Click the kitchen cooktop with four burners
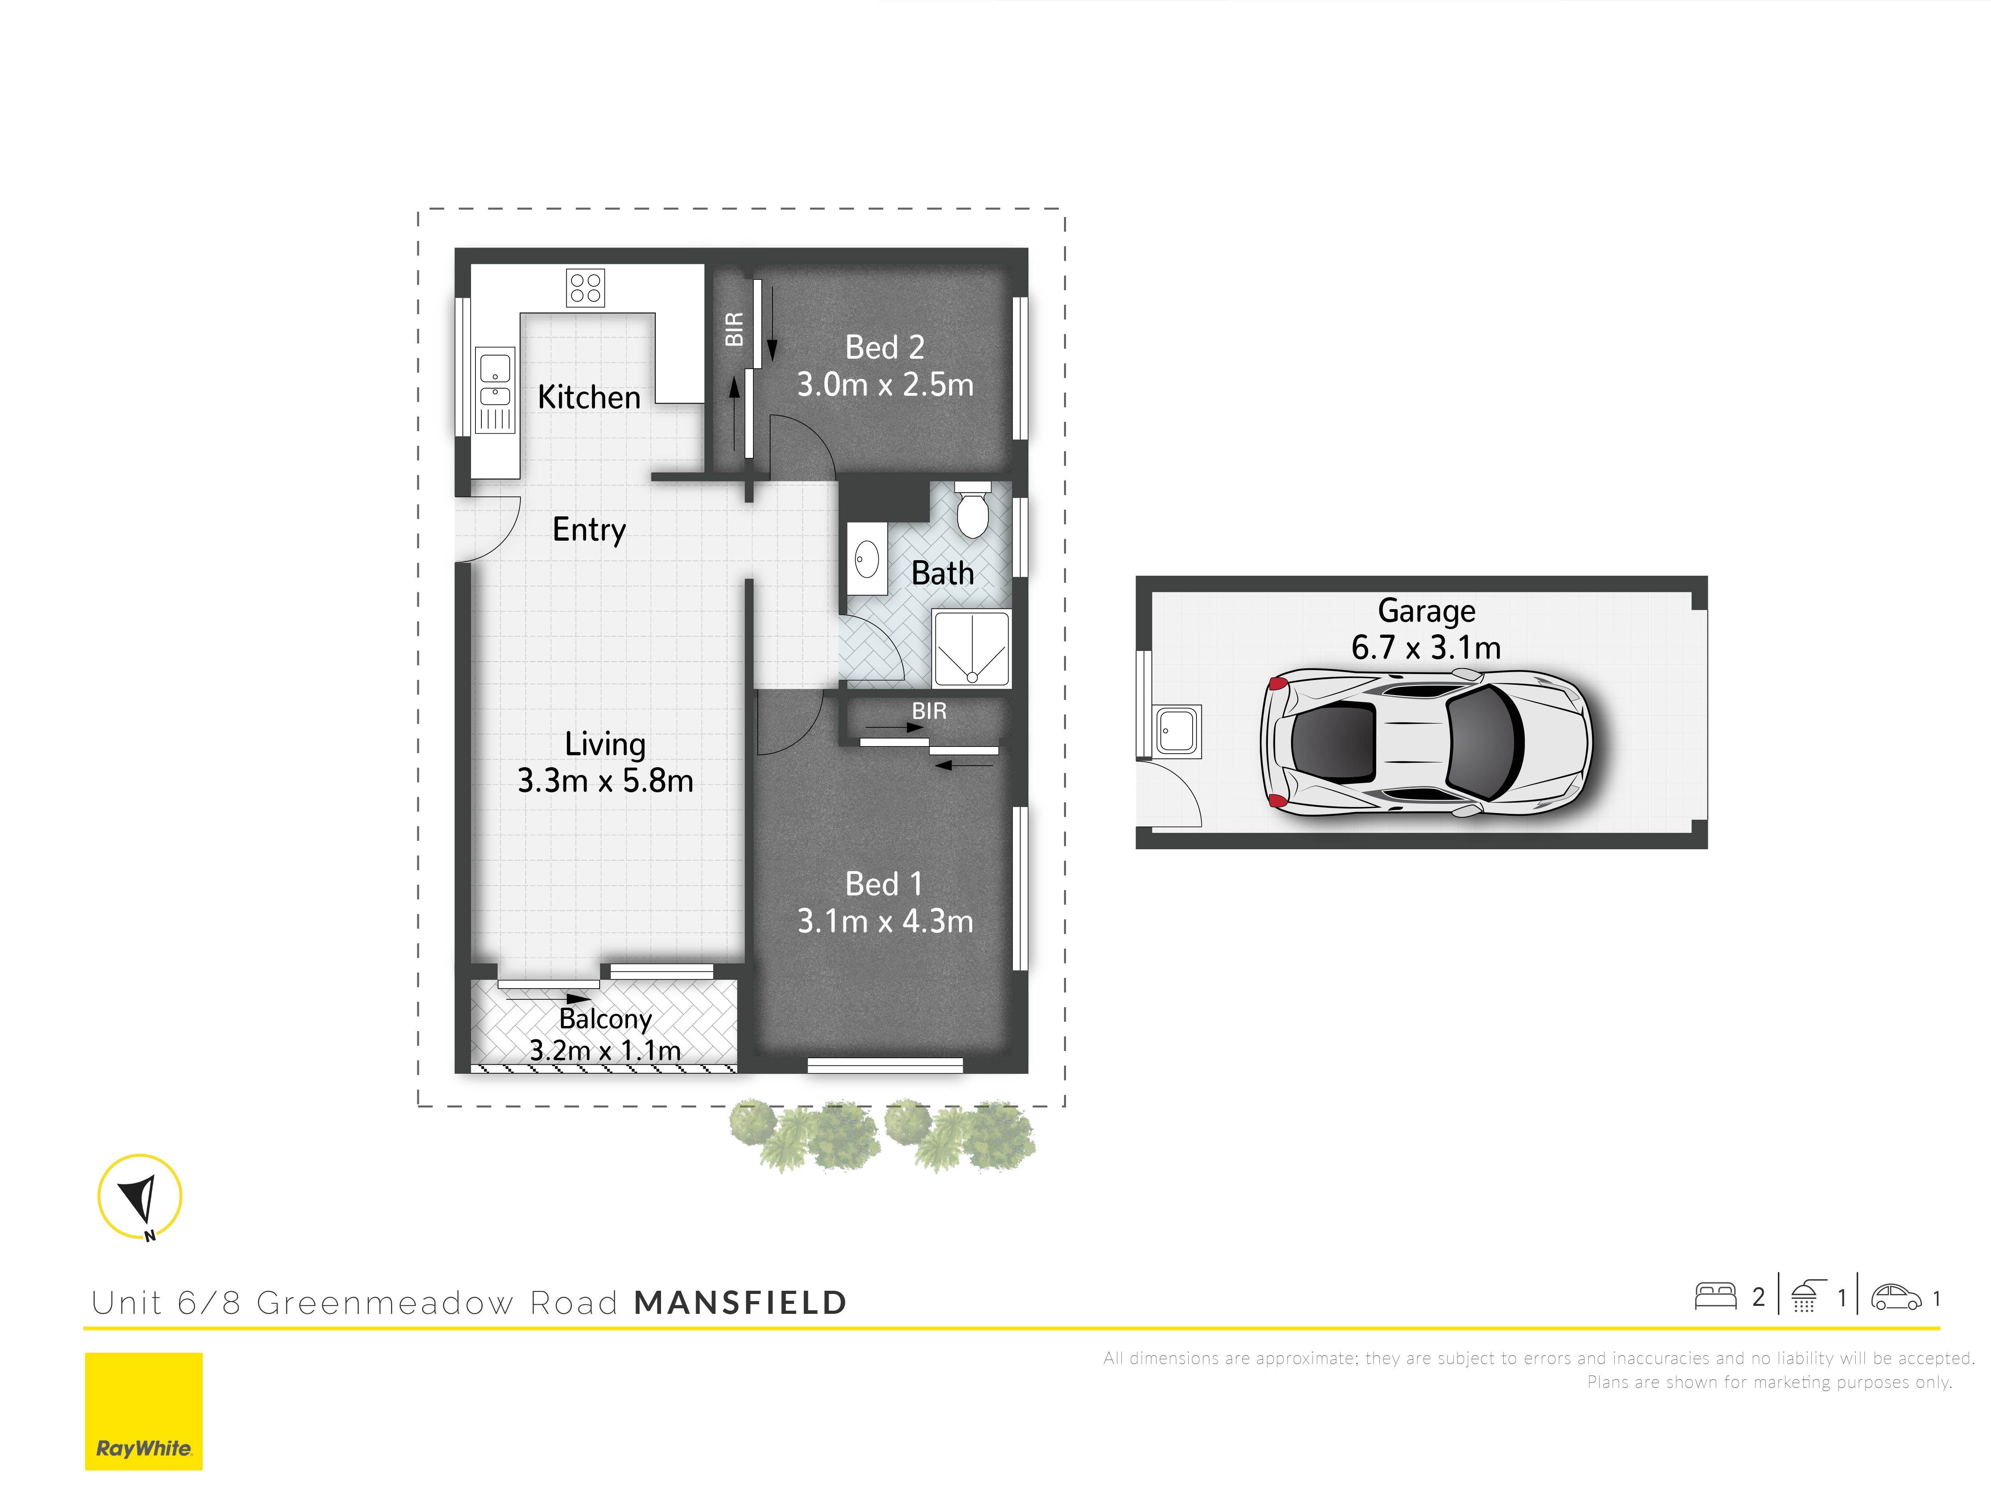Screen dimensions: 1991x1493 [x=585, y=288]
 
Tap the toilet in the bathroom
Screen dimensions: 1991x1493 [x=972, y=509]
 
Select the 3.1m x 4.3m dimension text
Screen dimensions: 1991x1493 [x=885, y=920]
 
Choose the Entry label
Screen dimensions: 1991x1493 [x=589, y=530]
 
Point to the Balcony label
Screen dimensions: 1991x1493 [x=605, y=1019]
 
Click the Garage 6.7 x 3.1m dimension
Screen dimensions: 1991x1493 [x=1426, y=647]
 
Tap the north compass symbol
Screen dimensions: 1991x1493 [x=139, y=1198]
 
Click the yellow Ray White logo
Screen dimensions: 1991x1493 [x=144, y=1411]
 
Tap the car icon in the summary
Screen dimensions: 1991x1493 [x=1895, y=1297]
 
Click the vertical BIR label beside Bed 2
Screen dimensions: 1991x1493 [x=734, y=329]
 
